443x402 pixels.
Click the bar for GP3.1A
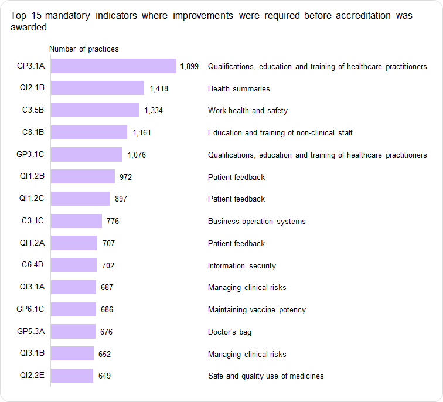[x=114, y=66]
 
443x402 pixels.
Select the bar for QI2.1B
[x=97, y=88]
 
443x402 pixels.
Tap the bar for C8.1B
[x=89, y=132]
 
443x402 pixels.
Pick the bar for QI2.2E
[x=72, y=376]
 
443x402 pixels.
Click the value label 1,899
[x=189, y=67]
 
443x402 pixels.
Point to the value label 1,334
[x=154, y=111]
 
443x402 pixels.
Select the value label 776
[x=113, y=221]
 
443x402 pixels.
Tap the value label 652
[x=104, y=354]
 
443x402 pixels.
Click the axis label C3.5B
[x=33, y=110]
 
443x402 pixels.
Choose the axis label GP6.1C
[x=32, y=309]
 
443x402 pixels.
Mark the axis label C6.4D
[x=33, y=265]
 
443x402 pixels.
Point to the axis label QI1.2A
[x=32, y=243]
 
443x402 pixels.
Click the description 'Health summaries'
[x=239, y=88]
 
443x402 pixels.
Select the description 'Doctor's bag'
[x=230, y=332]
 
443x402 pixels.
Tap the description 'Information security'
[x=242, y=265]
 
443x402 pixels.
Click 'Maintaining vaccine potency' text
[x=257, y=309]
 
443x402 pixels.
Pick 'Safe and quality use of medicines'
[x=265, y=376]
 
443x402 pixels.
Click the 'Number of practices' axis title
[x=84, y=49]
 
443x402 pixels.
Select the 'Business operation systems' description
[x=257, y=221]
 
